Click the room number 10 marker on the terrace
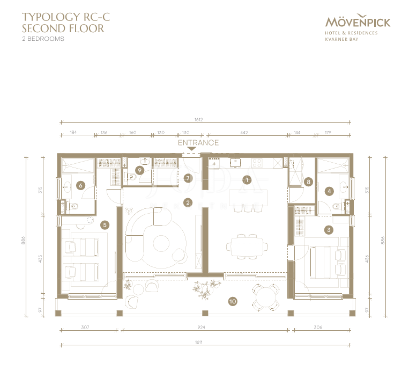233,302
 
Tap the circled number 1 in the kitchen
247,180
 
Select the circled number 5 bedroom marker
105,224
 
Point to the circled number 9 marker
140,171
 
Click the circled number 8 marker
309,182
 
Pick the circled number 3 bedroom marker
329,230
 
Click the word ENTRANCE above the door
198,143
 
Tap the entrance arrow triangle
192,149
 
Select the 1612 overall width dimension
198,119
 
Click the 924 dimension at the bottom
201,327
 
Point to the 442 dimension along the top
244,133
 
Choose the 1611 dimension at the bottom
198,342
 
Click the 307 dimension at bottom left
85,327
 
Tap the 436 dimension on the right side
367,259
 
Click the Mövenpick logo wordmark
358,21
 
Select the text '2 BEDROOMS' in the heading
43,39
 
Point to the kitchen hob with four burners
257,163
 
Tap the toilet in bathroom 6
74,206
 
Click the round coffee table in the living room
161,243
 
